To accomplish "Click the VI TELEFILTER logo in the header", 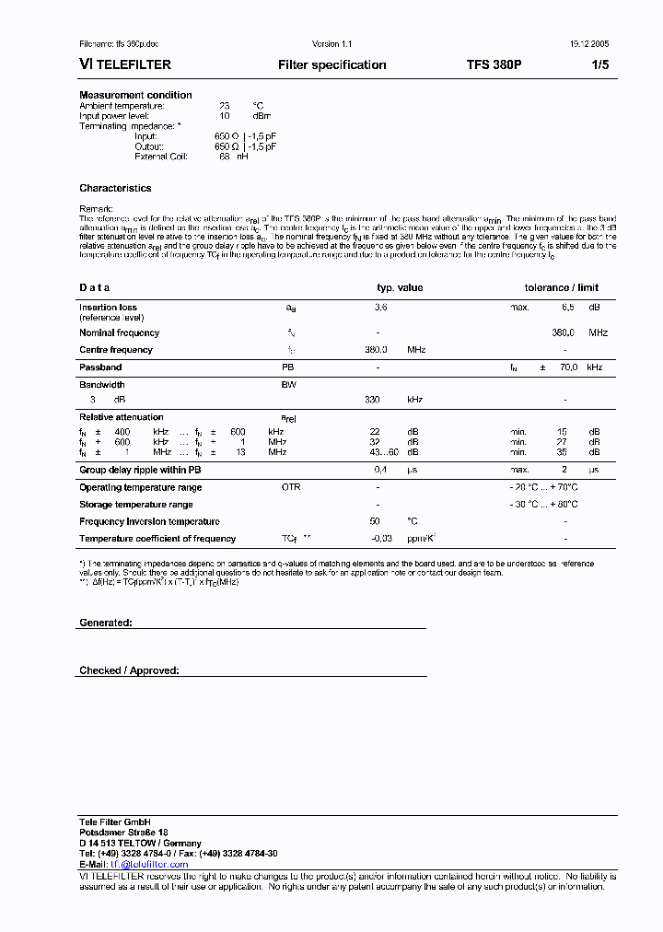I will (x=125, y=65).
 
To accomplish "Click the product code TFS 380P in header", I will (x=494, y=65).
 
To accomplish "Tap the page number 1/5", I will (x=599, y=65).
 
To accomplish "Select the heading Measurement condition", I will (x=135, y=95).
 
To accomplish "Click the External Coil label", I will (x=161, y=157).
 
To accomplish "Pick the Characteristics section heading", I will (x=115, y=188).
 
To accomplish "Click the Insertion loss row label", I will (x=108, y=308).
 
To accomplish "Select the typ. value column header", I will (x=400, y=287).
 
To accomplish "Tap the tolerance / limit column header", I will (x=562, y=287).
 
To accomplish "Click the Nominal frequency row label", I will (x=119, y=332).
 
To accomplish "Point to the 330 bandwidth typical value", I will (x=373, y=401).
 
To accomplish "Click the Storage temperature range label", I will (x=136, y=505).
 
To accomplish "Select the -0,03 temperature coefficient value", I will (x=381, y=538).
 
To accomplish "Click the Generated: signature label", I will (x=106, y=623).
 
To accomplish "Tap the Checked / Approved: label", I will (x=129, y=670).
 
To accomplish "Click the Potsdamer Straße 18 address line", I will (x=123, y=832).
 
